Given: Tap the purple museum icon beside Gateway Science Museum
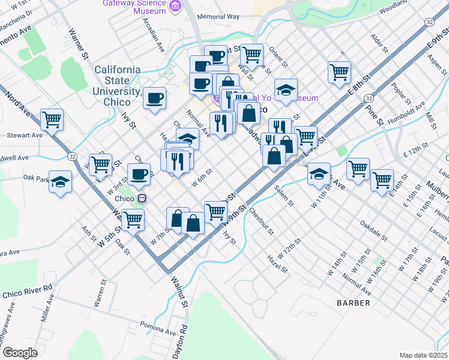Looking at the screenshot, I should tap(175, 7).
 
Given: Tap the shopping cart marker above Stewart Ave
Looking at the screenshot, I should tap(52, 119).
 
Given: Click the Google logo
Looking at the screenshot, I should tap(19, 353).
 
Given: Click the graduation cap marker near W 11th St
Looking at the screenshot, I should tap(319, 173).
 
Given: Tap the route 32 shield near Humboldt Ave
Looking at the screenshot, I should tap(369, 98).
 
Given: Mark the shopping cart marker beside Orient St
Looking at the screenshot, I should tap(252, 54).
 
